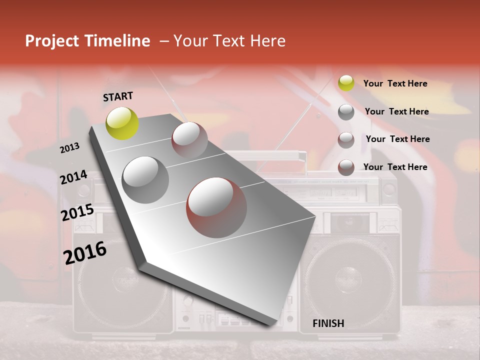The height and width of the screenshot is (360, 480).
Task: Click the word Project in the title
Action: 52,41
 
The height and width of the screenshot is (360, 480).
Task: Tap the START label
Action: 118,96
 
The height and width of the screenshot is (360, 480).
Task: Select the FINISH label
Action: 328,323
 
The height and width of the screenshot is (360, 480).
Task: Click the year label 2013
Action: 69,147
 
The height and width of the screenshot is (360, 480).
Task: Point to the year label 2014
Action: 73,177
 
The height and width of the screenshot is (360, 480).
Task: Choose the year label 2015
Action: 77,212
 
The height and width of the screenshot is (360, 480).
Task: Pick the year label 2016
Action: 84,252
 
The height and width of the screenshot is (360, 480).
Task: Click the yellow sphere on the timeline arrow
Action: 122,123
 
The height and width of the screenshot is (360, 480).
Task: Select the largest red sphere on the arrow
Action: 216,207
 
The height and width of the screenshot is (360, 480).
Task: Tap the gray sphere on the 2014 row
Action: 145,179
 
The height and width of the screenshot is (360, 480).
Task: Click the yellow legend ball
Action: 346,83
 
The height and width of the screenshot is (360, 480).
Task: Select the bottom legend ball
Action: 346,167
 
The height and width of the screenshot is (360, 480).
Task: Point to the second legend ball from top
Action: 346,111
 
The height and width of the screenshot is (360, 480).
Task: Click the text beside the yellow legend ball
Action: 395,83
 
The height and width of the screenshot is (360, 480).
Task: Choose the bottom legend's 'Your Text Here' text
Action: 395,167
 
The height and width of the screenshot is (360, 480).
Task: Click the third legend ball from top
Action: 346,139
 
